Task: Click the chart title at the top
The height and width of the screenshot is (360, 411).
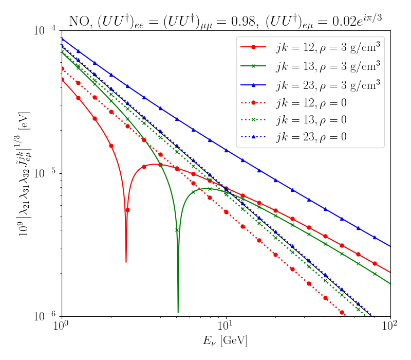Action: tap(226, 21)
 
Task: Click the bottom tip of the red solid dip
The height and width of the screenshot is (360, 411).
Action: tap(126, 262)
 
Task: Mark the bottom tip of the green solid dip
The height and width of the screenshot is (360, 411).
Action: tap(178, 312)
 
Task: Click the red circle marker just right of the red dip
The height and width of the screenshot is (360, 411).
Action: tap(127, 210)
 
